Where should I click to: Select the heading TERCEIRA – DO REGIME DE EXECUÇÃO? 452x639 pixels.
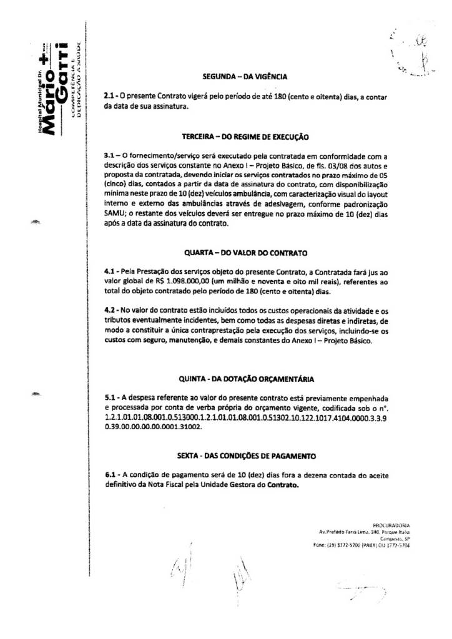[x=245, y=135]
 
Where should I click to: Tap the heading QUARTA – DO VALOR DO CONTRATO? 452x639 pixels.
[x=245, y=254]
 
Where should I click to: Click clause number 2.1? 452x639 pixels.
[x=110, y=97]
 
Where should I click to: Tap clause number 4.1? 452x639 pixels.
[x=110, y=272]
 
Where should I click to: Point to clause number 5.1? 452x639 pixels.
[x=110, y=396]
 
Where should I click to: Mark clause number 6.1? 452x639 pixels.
[x=110, y=475]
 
